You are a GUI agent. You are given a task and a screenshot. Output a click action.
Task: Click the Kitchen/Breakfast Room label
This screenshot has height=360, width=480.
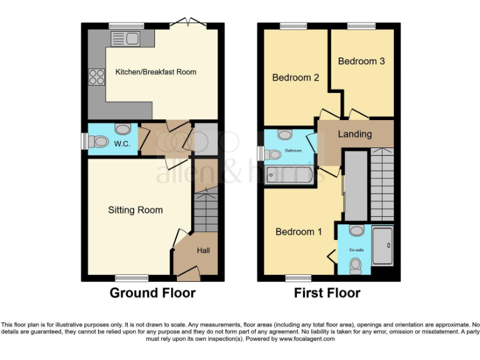[156, 72]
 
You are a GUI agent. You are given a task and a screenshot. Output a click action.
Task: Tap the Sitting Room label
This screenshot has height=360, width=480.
[135, 210]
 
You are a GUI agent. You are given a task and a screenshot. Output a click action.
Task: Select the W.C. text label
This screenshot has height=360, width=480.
[121, 144]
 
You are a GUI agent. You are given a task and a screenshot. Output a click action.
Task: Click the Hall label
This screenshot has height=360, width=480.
[204, 251]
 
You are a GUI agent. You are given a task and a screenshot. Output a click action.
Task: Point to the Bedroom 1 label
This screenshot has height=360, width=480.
[299, 232]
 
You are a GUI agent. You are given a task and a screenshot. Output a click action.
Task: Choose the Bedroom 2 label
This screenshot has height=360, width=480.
[296, 78]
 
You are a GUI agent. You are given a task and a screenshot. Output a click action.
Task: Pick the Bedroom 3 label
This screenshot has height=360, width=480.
[361, 61]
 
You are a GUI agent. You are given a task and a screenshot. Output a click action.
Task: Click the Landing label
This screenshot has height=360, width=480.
[354, 134]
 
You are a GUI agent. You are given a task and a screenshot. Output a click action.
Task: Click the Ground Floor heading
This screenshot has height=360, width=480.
[152, 292]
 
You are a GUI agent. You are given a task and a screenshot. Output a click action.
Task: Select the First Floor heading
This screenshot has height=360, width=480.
[327, 292]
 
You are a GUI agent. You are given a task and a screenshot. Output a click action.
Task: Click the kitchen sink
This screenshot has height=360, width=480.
[125, 40]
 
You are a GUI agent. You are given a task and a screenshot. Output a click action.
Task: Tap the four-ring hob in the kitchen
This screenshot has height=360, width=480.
[97, 77]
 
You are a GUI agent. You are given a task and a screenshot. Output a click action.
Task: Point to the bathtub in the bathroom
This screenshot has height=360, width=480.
[289, 174]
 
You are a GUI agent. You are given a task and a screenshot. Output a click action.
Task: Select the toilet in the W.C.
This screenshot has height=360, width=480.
[98, 142]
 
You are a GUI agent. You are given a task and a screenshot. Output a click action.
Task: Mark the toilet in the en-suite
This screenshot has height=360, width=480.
[356, 267]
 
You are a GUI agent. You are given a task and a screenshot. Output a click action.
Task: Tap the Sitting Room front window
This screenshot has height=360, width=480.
[131, 277]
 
